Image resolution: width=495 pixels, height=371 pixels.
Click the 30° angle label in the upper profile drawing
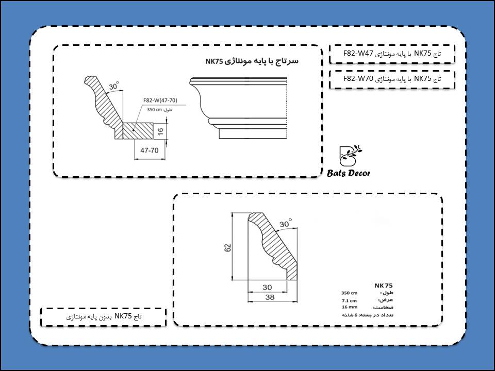pyautogui.click(x=113, y=86)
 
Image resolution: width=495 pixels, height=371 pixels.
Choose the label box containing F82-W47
pyautogui.click(x=392, y=53)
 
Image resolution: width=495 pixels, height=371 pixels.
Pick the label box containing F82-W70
pyautogui.click(x=392, y=79)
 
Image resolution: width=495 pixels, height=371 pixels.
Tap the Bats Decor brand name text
pyautogui.click(x=349, y=174)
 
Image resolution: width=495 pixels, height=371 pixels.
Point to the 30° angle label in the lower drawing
pyautogui.click(x=285, y=224)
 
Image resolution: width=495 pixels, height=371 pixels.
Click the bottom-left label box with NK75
pyautogui.click(x=104, y=316)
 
